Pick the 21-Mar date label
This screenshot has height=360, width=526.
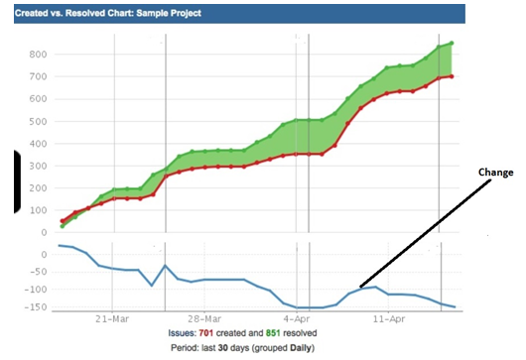click(113, 319)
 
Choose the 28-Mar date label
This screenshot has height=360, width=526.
click(204, 319)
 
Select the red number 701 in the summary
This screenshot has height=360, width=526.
click(220, 333)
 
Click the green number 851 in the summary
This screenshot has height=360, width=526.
click(290, 333)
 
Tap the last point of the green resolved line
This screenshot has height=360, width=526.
click(452, 43)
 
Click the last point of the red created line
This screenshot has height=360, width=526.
click(452, 76)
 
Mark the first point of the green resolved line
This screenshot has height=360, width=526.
click(62, 227)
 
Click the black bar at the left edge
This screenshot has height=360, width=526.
click(16, 181)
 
